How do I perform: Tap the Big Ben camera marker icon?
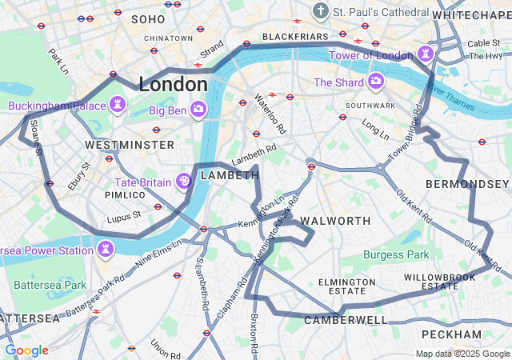pyautogui.click(x=198, y=110)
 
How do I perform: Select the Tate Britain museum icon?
pyautogui.click(x=185, y=182)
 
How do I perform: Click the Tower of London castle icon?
pyautogui.click(x=426, y=55)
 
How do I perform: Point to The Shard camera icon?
pyautogui.click(x=376, y=82)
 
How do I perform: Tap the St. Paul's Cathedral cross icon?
pyautogui.click(x=321, y=12)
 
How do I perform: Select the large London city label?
pyautogui.click(x=173, y=84)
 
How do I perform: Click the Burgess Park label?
pyautogui.click(x=396, y=255)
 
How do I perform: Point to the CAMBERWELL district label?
pyautogui.click(x=346, y=320)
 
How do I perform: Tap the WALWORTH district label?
pyautogui.click(x=335, y=220)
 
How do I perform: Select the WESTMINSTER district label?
pyautogui.click(x=129, y=145)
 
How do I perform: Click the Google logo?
pyautogui.click(x=26, y=350)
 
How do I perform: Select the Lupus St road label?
pyautogui.click(x=124, y=214)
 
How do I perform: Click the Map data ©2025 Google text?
pyautogui.click(x=462, y=354)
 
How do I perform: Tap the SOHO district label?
pyautogui.click(x=147, y=18)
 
